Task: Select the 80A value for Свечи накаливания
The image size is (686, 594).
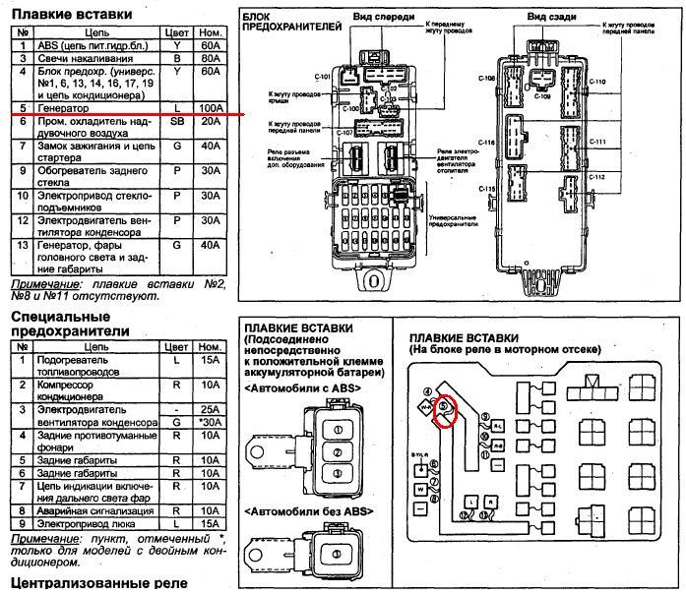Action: click(209, 59)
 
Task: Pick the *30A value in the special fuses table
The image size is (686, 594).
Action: click(208, 422)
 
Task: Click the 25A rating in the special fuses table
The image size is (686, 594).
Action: click(209, 408)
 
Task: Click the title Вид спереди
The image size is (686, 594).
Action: click(395, 18)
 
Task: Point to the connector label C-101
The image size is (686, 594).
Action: click(326, 75)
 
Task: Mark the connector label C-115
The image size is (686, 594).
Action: click(487, 188)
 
